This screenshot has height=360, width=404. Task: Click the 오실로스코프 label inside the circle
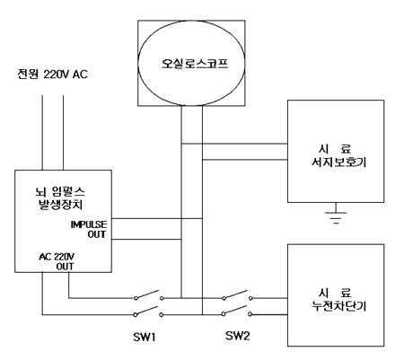coord(195,64)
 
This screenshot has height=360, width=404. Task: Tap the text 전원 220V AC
coord(52,75)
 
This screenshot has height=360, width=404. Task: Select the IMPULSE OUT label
coord(89,229)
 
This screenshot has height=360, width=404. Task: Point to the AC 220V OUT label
coord(57,261)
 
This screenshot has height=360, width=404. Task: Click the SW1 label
coord(145,338)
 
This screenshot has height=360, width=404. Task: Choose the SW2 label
coord(237,336)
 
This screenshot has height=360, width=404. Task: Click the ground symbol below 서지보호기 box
coord(336,214)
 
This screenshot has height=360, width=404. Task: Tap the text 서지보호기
coord(338,162)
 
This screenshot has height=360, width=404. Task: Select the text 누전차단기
coord(339,306)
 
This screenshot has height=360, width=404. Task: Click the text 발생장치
coord(61,205)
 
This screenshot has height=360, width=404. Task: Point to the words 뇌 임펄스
coord(60,191)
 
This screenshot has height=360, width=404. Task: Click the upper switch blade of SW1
coord(147,294)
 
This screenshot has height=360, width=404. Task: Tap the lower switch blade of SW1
coord(146,311)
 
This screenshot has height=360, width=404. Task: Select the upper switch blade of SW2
coord(236,294)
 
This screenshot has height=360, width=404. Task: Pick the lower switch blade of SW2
coord(235,310)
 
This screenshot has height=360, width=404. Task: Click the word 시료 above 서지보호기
coord(335,149)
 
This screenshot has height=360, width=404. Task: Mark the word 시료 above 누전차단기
coord(335,293)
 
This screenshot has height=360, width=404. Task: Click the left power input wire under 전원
coord(42,133)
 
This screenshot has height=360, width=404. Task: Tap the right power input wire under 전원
coord(63,133)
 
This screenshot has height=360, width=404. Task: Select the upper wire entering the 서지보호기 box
coord(234,144)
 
